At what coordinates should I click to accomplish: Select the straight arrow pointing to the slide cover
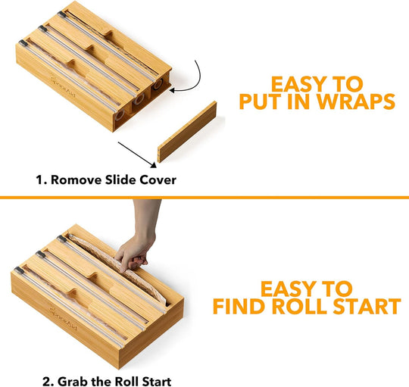point(136,149)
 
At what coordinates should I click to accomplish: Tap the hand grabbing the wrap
point(136,242)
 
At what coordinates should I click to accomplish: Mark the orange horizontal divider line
point(204,197)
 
